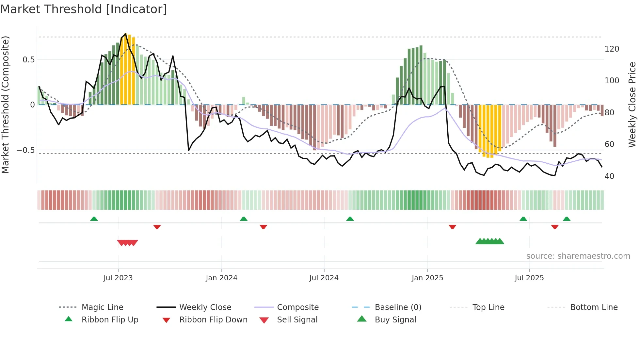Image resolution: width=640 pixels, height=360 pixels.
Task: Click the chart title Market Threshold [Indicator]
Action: [x=84, y=9]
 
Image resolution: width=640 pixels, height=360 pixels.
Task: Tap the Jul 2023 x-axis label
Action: [x=118, y=278]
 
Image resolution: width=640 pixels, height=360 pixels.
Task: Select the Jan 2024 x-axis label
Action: [x=221, y=278]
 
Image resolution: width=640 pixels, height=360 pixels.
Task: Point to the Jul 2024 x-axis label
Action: [x=324, y=278]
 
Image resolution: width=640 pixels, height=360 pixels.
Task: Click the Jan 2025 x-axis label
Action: [x=427, y=278]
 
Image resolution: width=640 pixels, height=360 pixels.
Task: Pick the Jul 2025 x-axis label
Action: [x=529, y=278]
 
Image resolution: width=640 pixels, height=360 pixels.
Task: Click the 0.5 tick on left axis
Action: [x=28, y=60]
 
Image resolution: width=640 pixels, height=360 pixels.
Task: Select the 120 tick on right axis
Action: [x=612, y=49]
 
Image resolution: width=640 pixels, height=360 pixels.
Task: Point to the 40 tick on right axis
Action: [x=609, y=176]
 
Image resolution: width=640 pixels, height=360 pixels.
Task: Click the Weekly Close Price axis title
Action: [x=632, y=105]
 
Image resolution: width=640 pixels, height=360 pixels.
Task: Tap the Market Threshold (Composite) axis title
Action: [x=5, y=105]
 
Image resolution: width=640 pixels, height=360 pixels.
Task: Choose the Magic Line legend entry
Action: [x=102, y=307]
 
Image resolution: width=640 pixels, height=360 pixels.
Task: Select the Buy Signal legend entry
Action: [x=395, y=320]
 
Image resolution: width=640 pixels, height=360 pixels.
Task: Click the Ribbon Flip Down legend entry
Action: [x=213, y=320]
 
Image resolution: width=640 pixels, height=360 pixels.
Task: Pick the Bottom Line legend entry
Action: [x=594, y=307]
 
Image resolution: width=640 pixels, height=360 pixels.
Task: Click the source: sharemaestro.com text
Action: [x=578, y=256]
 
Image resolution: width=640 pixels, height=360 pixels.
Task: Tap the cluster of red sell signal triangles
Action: [x=128, y=243]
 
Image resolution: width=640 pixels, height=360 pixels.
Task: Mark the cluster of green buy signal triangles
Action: [x=489, y=241]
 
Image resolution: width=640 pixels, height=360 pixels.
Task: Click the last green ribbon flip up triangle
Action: [x=567, y=219]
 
